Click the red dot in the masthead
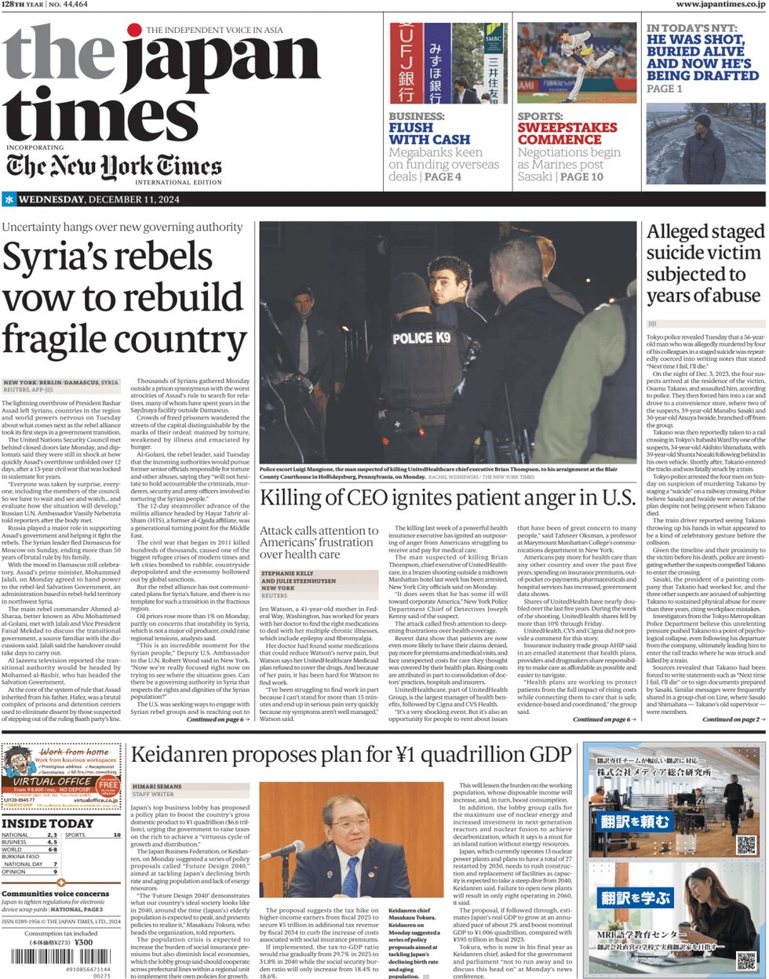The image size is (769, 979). coord(134,31)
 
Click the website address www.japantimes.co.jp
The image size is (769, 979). coord(720,5)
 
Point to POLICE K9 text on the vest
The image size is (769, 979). coord(421,337)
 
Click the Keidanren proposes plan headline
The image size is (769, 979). coord(351,755)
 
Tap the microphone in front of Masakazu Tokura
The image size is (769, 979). coord(283,850)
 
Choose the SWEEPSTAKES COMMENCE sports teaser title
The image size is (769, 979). coord(567,133)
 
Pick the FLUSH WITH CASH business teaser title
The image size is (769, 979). coord(429,133)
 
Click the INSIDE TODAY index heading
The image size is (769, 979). coord(47,824)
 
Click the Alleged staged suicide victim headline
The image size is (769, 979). coord(704,264)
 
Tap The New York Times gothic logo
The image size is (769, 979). coord(114,166)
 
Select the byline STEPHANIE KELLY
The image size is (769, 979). coord(287,573)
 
